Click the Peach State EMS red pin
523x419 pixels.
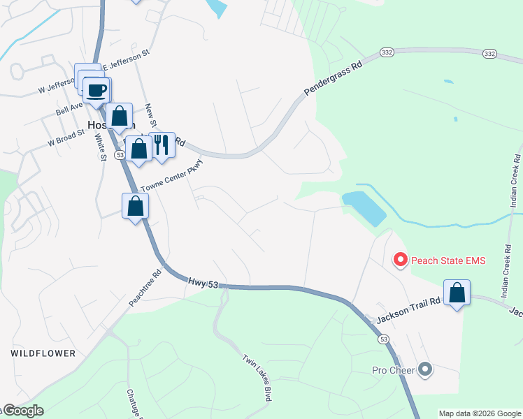click(x=401, y=260)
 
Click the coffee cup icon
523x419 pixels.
click(x=96, y=89)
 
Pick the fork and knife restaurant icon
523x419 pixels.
click(x=162, y=145)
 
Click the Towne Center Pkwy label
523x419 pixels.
click(x=171, y=180)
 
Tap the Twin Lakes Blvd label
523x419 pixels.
click(x=257, y=377)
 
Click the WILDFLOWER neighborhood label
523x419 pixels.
click(x=43, y=353)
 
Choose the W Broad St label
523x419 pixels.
click(x=66, y=137)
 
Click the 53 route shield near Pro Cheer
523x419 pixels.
click(x=383, y=339)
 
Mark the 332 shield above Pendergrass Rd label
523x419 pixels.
click(x=387, y=52)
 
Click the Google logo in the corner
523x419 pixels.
click(x=22, y=411)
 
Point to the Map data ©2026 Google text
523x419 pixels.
click(x=480, y=413)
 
